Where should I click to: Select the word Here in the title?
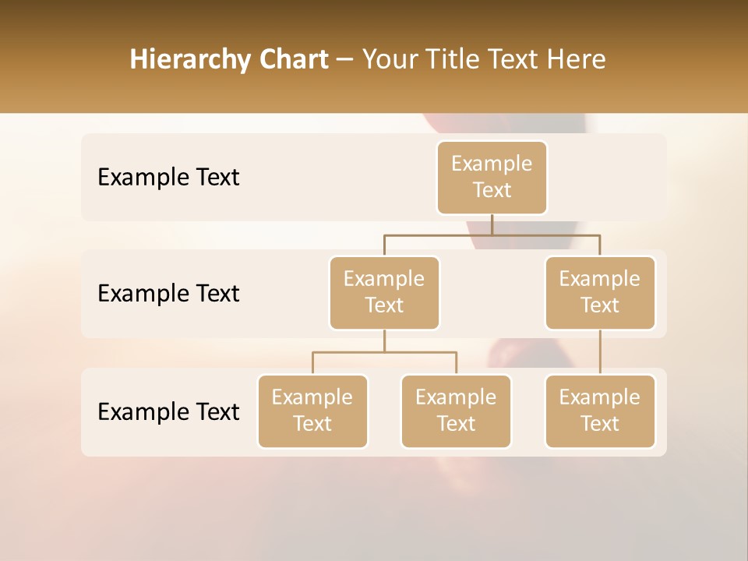577,60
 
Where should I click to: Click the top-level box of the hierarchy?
492,178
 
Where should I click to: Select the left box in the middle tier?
384,293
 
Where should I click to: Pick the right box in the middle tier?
600,293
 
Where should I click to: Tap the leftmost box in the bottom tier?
312,411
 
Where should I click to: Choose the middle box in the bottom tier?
456,411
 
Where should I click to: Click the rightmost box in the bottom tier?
600,411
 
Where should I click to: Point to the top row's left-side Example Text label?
168,178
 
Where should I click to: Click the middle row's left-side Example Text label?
168,294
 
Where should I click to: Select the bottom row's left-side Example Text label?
168,411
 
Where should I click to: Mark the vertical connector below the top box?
492,224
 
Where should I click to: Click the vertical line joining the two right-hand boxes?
600,352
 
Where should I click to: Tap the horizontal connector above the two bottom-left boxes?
384,352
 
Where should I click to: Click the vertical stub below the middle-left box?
384,341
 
